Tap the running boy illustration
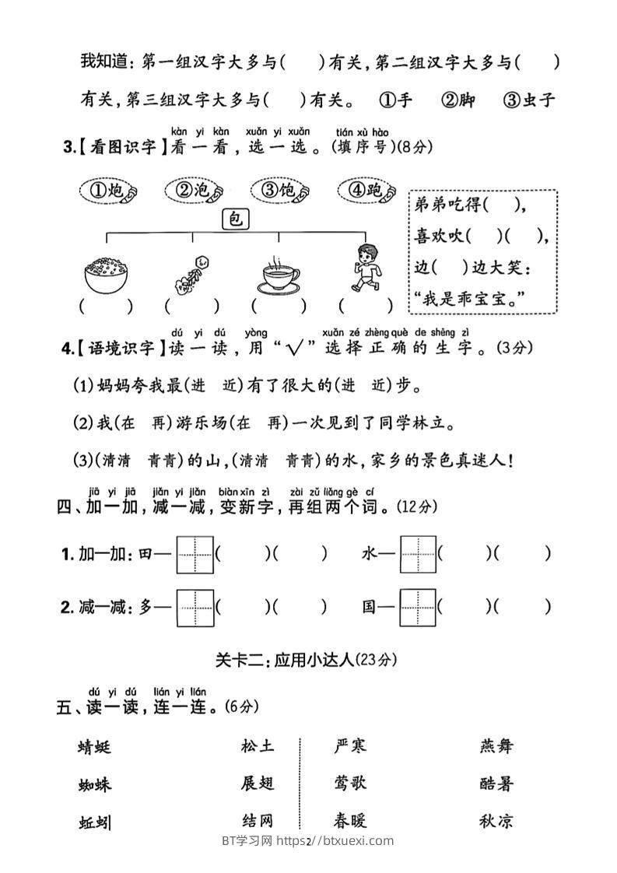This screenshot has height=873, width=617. click(x=366, y=267)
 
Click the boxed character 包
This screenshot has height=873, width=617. click(x=235, y=220)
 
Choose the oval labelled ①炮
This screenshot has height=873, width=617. click(x=108, y=191)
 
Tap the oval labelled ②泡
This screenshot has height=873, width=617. click(x=195, y=191)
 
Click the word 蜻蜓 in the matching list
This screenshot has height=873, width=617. click(x=95, y=748)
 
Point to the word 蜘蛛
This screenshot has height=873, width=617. click(x=95, y=784)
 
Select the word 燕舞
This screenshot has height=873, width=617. click(x=496, y=746)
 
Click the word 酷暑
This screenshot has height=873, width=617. click(x=496, y=784)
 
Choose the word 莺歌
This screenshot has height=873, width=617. click(x=349, y=784)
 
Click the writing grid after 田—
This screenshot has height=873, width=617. click(x=195, y=554)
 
